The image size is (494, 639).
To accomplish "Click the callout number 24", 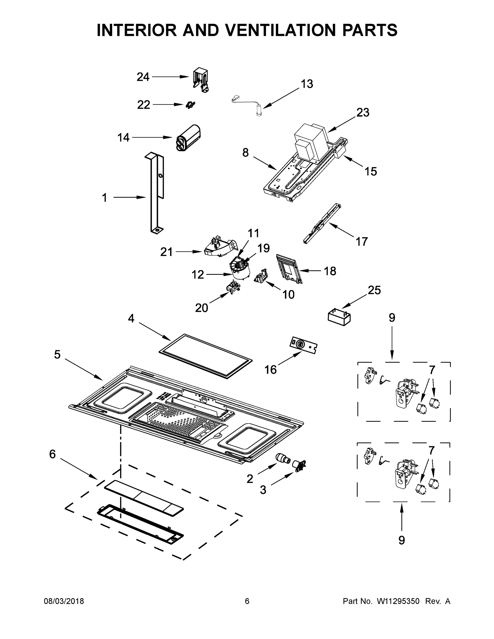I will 143,77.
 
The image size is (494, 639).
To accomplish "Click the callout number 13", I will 307,84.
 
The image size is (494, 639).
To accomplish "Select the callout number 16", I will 270,370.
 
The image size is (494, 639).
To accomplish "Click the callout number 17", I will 361,242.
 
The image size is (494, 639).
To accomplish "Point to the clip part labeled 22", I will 190,105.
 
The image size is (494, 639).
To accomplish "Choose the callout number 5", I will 57,355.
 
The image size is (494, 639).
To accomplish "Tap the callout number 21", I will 166,252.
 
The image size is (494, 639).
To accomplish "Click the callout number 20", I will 201,308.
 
